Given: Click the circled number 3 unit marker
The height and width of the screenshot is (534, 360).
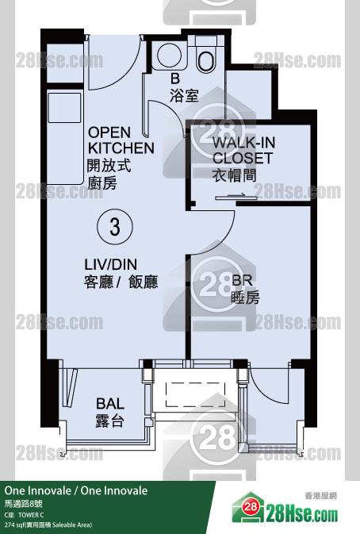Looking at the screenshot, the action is pyautogui.click(x=115, y=226).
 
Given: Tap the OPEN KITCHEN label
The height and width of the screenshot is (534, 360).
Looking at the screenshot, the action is pyautogui.click(x=121, y=140).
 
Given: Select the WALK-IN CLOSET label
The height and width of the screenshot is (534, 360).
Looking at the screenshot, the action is pyautogui.click(x=243, y=150).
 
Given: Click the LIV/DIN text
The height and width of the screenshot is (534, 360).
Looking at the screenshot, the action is pyautogui.click(x=110, y=264).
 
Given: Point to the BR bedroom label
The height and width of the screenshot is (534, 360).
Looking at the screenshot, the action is pyautogui.click(x=242, y=281).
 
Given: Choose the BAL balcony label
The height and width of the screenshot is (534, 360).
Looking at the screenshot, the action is pyautogui.click(x=110, y=404).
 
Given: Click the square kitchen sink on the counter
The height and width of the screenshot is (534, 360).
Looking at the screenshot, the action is pyautogui.click(x=65, y=108).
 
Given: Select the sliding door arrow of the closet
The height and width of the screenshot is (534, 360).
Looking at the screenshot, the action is pyautogui.click(x=236, y=195).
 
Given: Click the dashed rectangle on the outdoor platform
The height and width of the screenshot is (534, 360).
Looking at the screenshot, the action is pyautogui.click(x=195, y=394).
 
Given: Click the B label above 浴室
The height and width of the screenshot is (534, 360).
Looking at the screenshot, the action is pyautogui.click(x=175, y=79).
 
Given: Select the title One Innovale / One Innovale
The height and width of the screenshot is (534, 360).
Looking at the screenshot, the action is pyautogui.click(x=76, y=490).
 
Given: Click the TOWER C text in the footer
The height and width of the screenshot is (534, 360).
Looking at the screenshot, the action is pyautogui.click(x=31, y=515).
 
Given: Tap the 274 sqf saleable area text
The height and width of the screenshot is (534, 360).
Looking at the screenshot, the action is pyautogui.click(x=48, y=524).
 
